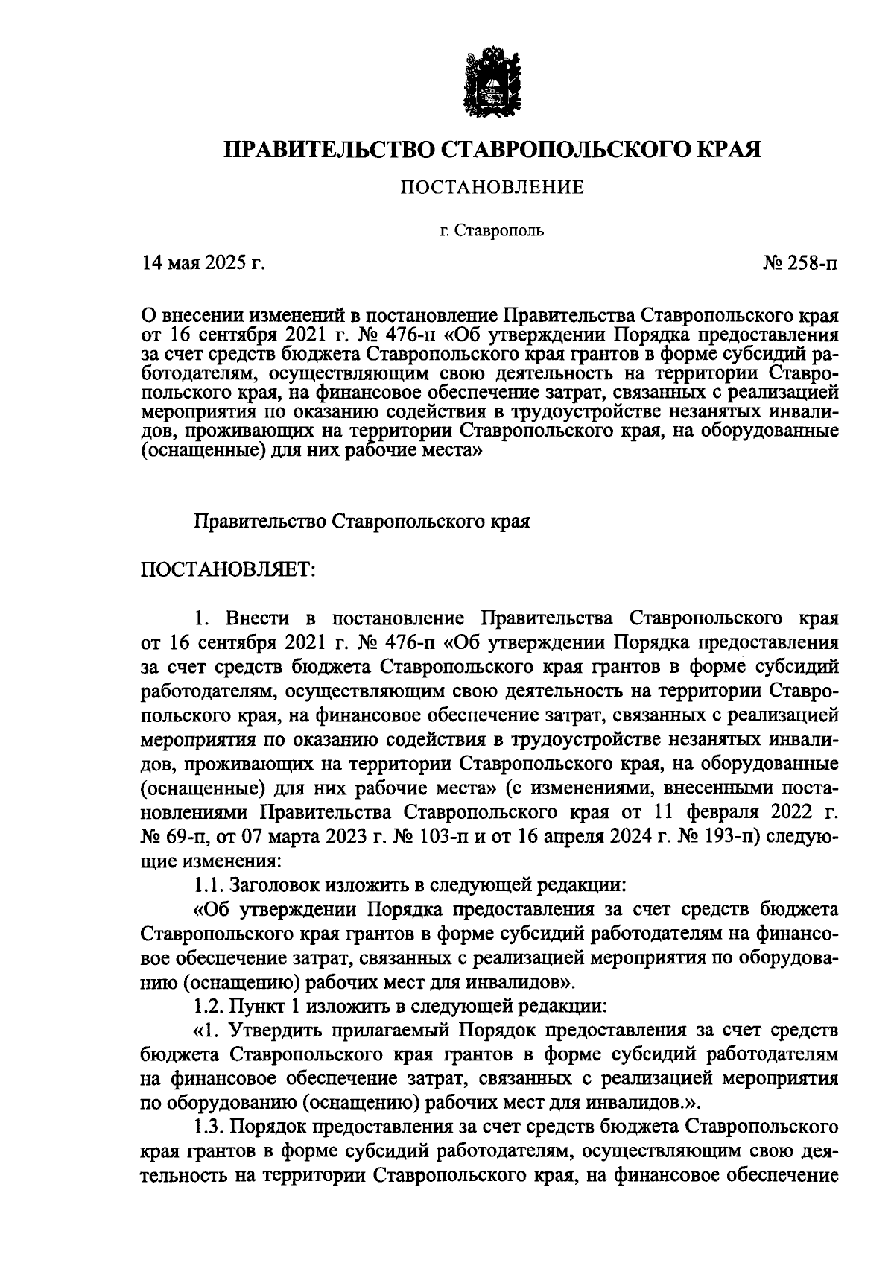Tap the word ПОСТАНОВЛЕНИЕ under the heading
(x=492, y=187)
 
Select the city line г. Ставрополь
(x=491, y=230)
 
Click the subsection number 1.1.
(x=208, y=886)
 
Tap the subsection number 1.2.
(x=208, y=1007)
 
